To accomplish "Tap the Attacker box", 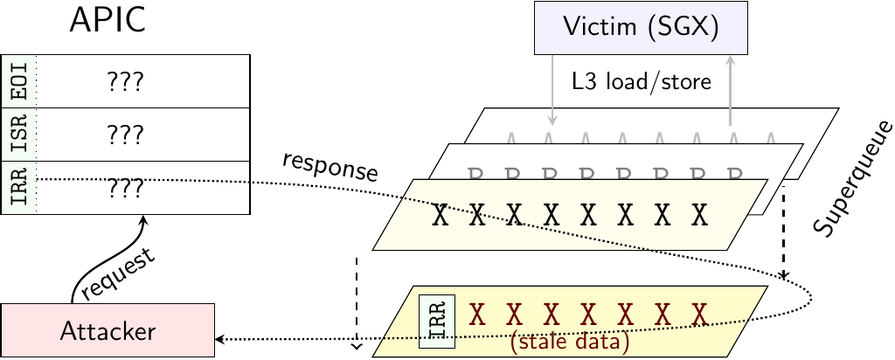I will click(108, 330).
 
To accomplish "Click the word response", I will click(330, 169).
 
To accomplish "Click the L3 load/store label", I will click(642, 83).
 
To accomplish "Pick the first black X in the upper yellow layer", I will click(442, 216).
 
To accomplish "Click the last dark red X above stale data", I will click(697, 312).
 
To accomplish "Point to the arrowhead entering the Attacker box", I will click(220, 338).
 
